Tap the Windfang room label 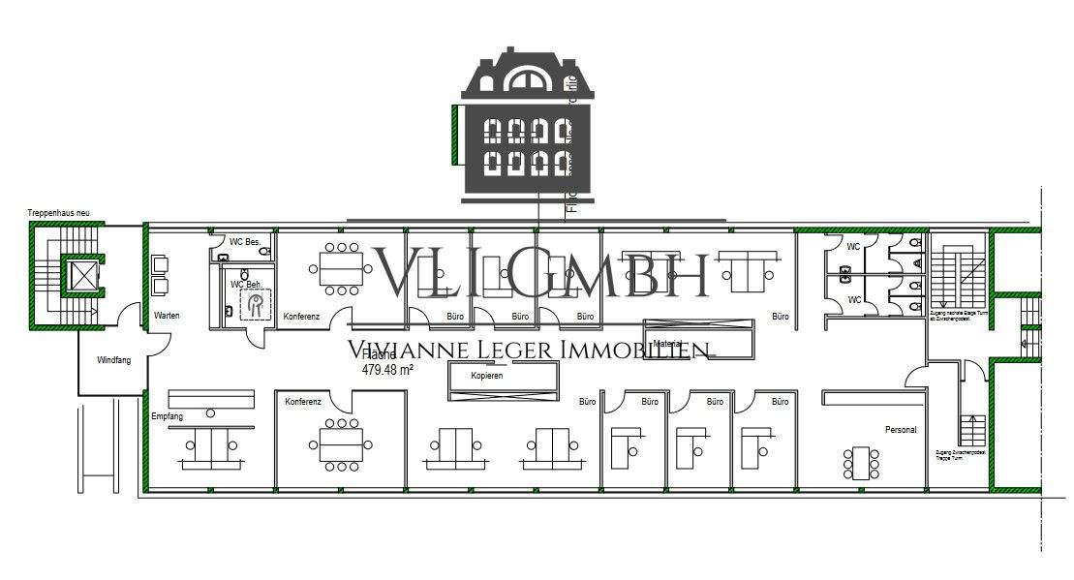click(113, 360)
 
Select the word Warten click(167, 316)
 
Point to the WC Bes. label click(245, 241)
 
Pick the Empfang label click(167, 415)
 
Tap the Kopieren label click(487, 376)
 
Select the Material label click(668, 344)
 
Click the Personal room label click(900, 429)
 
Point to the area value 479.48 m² click(388, 369)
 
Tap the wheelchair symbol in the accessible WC click(256, 305)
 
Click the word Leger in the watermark click(508, 351)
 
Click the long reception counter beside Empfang click(211, 399)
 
